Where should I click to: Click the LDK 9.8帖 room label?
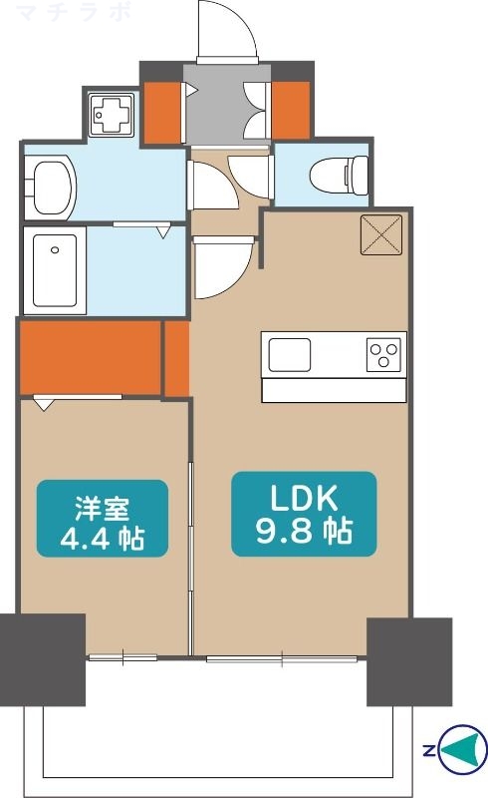click(304, 514)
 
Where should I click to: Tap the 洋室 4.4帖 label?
click(103, 518)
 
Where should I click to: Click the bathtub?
click(55, 270)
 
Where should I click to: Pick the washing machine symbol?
click(112, 115)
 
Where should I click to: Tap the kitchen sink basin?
click(289, 355)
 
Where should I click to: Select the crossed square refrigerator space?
click(381, 234)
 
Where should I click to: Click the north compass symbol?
click(461, 750)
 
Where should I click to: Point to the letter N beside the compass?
click(429, 750)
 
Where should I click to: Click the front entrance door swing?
click(227, 31)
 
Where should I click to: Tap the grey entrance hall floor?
click(226, 105)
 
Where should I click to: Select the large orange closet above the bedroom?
click(90, 357)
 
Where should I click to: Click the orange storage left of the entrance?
click(162, 113)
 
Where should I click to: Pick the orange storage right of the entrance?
click(290, 110)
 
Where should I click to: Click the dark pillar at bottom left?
click(42, 659)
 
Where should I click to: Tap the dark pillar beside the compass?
click(409, 661)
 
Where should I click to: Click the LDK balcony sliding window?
click(282, 658)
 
